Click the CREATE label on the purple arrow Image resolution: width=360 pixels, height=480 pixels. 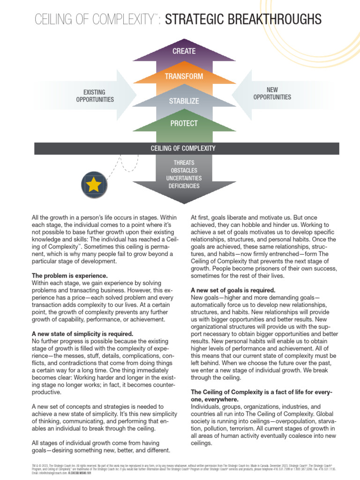(x=183, y=51)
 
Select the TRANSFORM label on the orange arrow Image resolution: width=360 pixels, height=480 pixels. (x=183, y=76)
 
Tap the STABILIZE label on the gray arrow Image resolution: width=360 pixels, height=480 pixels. (x=183, y=101)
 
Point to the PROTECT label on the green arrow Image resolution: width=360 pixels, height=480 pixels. (x=183, y=123)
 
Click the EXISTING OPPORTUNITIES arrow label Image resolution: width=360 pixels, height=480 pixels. (x=95, y=96)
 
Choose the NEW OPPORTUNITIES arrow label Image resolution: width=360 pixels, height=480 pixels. (x=272, y=93)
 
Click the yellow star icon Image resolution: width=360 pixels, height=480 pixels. (x=94, y=185)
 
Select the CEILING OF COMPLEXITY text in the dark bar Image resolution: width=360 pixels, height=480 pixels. (x=183, y=148)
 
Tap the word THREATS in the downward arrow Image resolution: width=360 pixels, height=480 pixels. (x=184, y=163)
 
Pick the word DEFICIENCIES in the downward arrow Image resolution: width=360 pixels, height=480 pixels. (x=184, y=186)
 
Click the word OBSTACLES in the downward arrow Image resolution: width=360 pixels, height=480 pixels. (x=184, y=170)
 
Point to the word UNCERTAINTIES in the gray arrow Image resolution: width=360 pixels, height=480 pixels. (x=184, y=178)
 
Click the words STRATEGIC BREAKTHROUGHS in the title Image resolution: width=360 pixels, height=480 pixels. (x=243, y=19)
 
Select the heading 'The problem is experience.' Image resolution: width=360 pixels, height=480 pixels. (x=69, y=276)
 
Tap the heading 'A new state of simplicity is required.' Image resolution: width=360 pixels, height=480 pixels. (x=82, y=334)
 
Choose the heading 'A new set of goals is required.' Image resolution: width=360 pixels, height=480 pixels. (x=232, y=290)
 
